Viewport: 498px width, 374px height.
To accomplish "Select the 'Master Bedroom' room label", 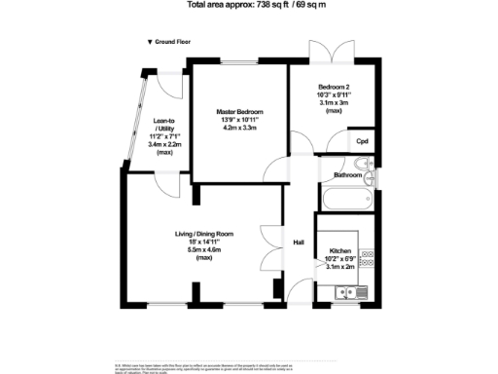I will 240,111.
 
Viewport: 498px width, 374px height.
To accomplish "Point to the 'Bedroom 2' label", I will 334,87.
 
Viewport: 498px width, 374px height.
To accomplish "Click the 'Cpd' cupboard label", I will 362,141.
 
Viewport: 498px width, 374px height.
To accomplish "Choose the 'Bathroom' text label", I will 348,175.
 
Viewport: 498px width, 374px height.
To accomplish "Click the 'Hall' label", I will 300,243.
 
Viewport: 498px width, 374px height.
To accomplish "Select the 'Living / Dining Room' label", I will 204,234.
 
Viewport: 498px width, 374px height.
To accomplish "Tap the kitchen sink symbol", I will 346,292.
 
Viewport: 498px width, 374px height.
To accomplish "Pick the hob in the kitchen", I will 368,260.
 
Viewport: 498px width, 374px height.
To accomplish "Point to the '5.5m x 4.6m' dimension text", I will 204,250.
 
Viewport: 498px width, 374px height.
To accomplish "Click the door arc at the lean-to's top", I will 172,85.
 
